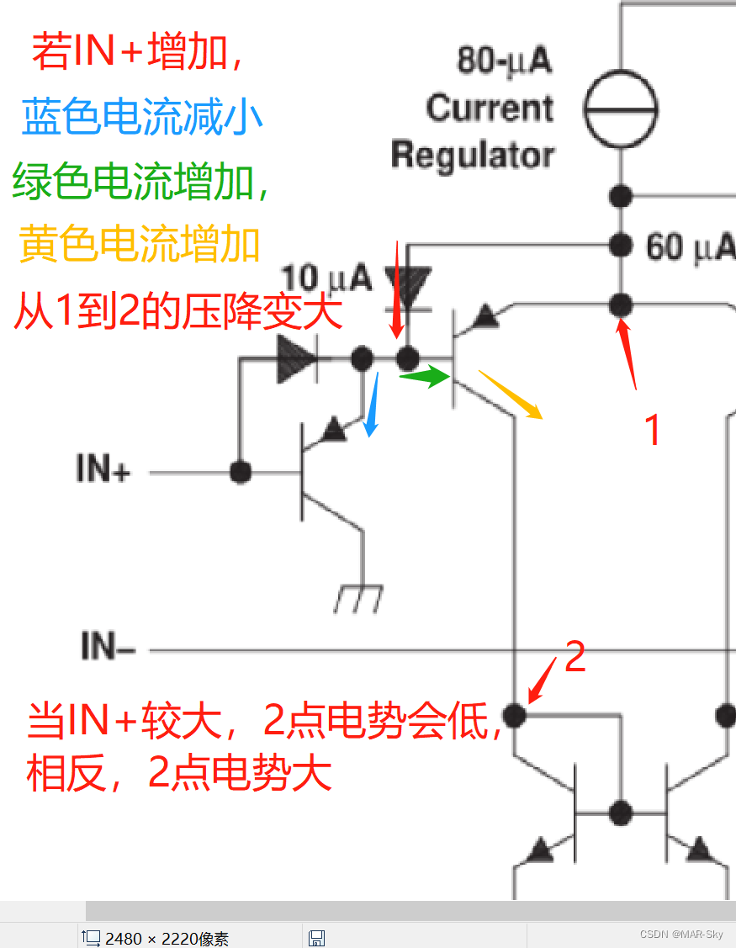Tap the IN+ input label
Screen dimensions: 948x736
[x=103, y=469]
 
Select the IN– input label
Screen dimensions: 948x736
[x=108, y=647]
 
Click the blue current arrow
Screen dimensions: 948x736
[x=370, y=405]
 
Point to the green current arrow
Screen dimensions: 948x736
[x=425, y=378]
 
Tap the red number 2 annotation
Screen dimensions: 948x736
[x=575, y=656]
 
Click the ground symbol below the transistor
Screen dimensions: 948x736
[x=357, y=598]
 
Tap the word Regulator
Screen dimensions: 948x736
[x=473, y=156]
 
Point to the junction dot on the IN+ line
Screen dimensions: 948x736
[x=241, y=472]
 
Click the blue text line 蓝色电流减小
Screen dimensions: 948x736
[x=141, y=118]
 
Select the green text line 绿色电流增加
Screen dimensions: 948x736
[x=140, y=182]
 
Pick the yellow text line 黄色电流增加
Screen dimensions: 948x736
[x=140, y=245]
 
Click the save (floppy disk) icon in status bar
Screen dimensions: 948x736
[x=317, y=938]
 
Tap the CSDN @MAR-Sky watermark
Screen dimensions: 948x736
[x=680, y=935]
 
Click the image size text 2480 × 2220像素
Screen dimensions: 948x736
[x=167, y=939]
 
